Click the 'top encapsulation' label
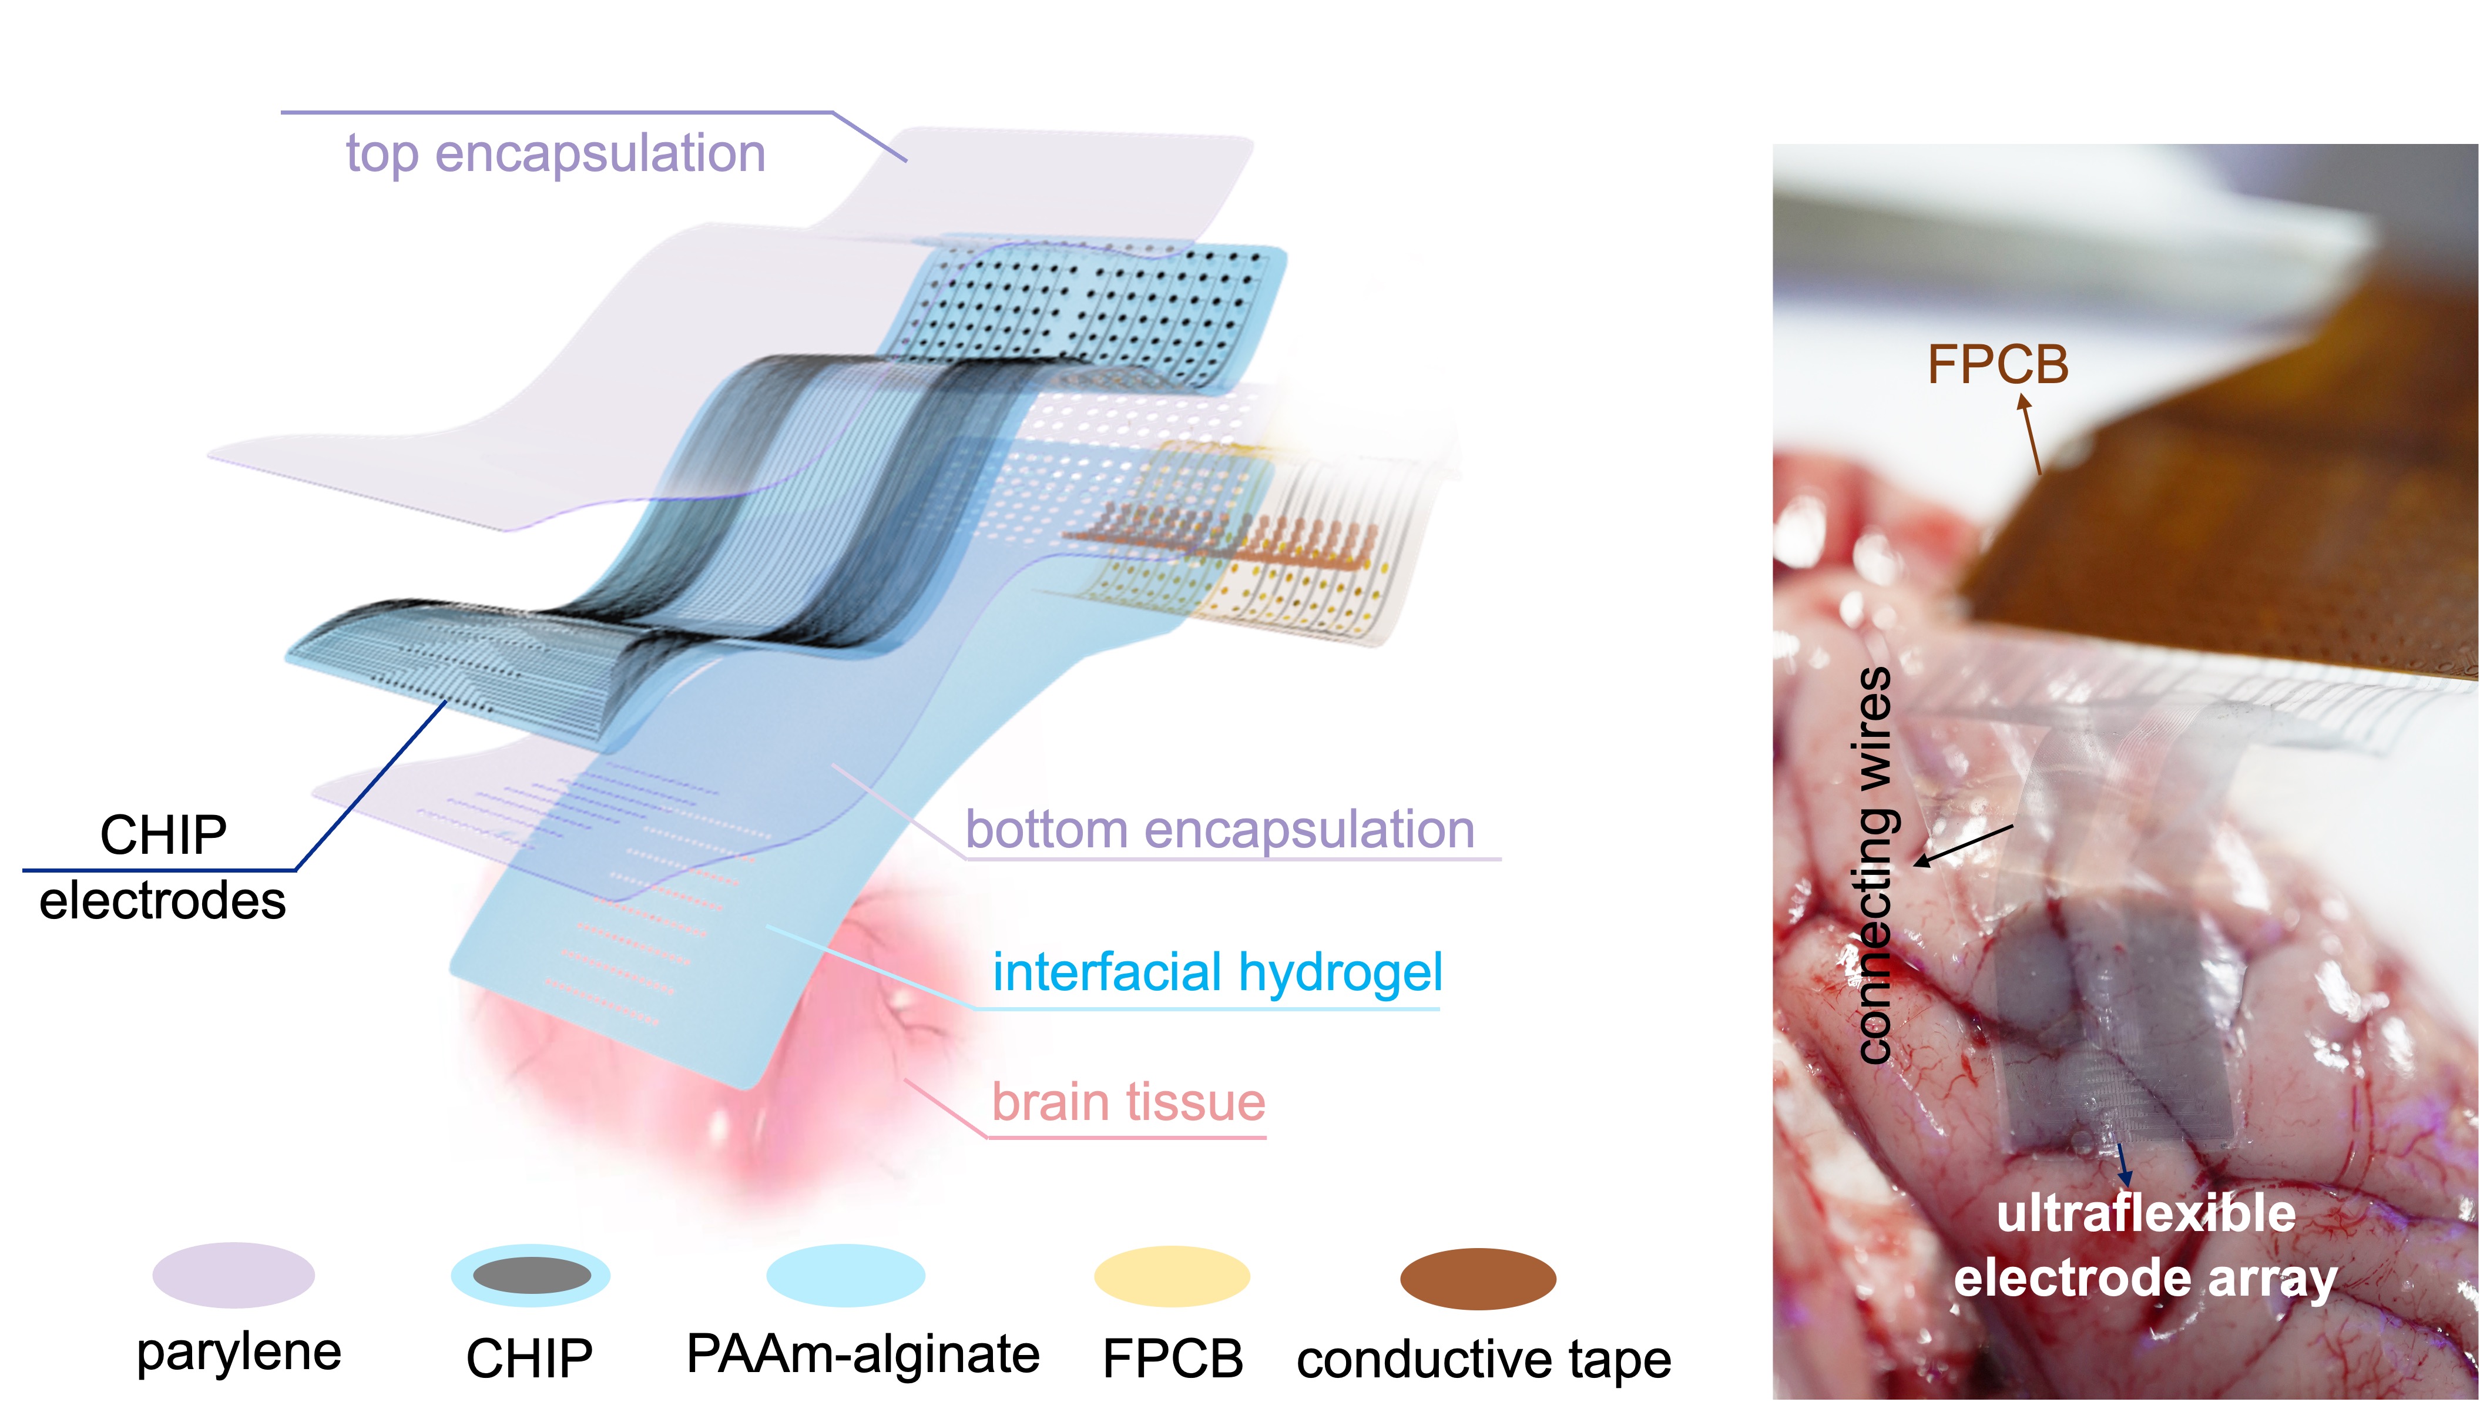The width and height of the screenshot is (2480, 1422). pyautogui.click(x=556, y=155)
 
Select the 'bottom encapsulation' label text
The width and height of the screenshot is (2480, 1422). pyautogui.click(x=1220, y=830)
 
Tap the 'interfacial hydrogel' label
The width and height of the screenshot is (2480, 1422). pyautogui.click(x=1217, y=972)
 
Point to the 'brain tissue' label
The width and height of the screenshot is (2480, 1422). pyautogui.click(x=1129, y=1102)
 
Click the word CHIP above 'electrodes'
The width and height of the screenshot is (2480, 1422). pyautogui.click(x=163, y=836)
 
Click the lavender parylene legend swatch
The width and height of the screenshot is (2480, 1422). pyautogui.click(x=233, y=1275)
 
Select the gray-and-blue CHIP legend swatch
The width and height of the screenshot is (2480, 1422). pyautogui.click(x=530, y=1276)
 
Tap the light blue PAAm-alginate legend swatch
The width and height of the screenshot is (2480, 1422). pyautogui.click(x=845, y=1276)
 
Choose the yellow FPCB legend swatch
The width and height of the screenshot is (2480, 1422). pyautogui.click(x=1172, y=1276)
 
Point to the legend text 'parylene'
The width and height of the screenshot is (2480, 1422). pyautogui.click(x=239, y=1353)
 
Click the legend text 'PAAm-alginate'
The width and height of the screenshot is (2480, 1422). pyautogui.click(x=863, y=1354)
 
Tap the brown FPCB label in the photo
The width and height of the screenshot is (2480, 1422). pyautogui.click(x=1998, y=365)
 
